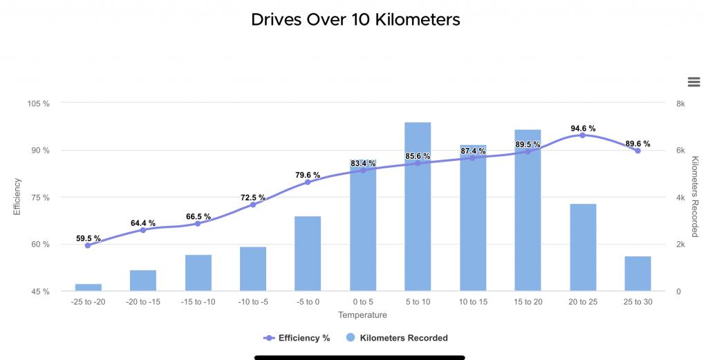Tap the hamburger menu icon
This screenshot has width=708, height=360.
694,82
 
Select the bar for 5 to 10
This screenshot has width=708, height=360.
418,207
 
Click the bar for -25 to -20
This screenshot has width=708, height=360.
88,287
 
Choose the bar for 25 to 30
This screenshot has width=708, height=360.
637,274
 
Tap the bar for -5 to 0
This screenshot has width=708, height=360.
308,254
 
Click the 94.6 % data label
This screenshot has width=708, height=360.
583,129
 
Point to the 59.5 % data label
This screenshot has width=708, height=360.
88,238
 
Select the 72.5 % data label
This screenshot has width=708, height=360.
253,198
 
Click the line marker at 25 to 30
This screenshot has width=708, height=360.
637,151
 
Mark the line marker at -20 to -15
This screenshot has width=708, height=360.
143,230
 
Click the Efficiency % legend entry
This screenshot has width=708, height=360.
297,338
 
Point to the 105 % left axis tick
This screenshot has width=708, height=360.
38,104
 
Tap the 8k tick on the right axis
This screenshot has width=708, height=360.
680,104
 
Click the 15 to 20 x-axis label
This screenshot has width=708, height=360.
528,302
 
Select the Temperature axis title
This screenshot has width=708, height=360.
362,315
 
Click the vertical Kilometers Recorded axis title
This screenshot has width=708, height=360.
695,197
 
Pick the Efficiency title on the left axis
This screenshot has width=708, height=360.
17,197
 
